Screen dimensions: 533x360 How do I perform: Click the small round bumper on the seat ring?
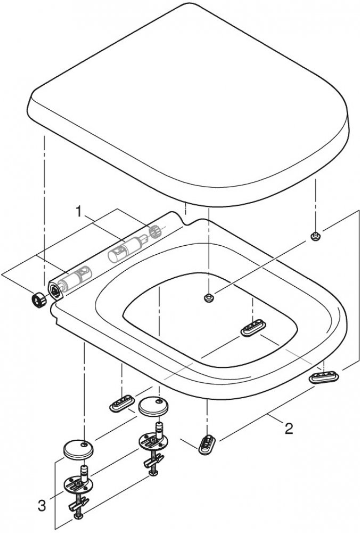click(x=209, y=297)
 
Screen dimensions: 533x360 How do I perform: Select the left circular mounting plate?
click(x=78, y=486)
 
